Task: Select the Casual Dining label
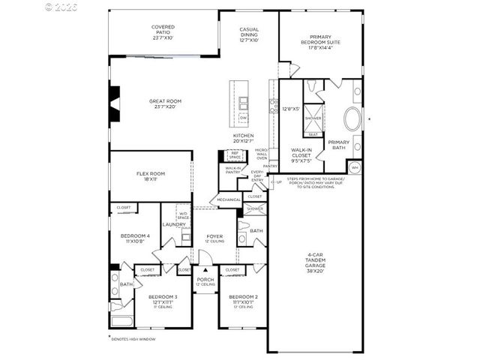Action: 249,34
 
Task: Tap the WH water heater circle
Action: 355,166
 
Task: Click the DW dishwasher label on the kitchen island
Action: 243,118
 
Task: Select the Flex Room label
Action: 151,176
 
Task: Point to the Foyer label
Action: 214,238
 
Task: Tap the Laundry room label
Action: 174,224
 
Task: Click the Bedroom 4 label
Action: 136,239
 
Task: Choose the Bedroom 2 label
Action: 243,300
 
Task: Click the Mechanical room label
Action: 229,200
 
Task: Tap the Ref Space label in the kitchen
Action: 235,155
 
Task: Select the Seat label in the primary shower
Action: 313,134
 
